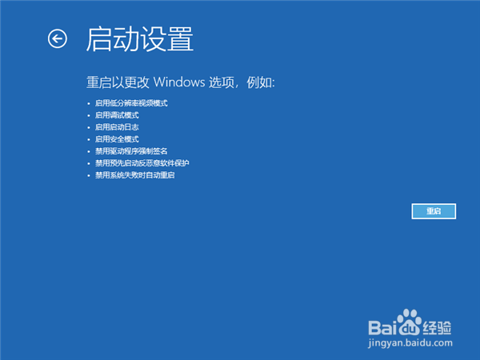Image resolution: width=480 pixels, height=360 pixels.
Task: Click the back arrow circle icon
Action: pyautogui.click(x=58, y=38)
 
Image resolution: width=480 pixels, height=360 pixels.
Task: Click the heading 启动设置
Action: pyautogui.click(x=140, y=38)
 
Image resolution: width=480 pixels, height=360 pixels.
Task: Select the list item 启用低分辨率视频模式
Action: pyautogui.click(x=131, y=103)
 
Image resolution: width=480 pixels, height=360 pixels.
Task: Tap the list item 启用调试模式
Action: pyautogui.click(x=117, y=115)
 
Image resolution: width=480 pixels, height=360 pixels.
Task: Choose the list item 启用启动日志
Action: pyautogui.click(x=117, y=127)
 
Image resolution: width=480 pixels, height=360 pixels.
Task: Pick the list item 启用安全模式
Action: pyautogui.click(x=117, y=139)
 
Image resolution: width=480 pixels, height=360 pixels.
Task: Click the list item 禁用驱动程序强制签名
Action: pyautogui.click(x=131, y=151)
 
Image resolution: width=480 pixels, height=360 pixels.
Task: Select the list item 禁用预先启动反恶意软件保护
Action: pyautogui.click(x=142, y=163)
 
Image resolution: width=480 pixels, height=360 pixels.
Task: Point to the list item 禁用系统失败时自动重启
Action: pyautogui.click(x=134, y=174)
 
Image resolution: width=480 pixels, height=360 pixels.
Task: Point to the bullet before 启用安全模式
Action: pyautogui.click(x=90, y=139)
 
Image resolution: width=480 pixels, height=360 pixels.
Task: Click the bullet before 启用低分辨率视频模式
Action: pyautogui.click(x=90, y=104)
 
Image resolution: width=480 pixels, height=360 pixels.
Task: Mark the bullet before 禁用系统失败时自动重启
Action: pyautogui.click(x=90, y=175)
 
